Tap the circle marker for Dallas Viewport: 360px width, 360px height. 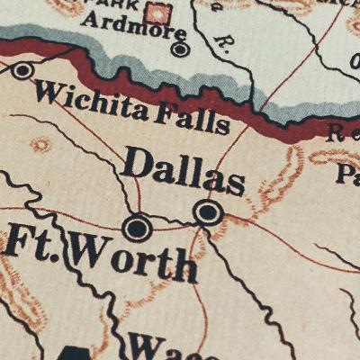tap(207, 212)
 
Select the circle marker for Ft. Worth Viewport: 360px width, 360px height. tap(137, 228)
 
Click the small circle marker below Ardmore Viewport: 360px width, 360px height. tap(180, 49)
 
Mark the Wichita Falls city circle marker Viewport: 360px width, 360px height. tap(22, 70)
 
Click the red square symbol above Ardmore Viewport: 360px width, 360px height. tap(159, 13)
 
